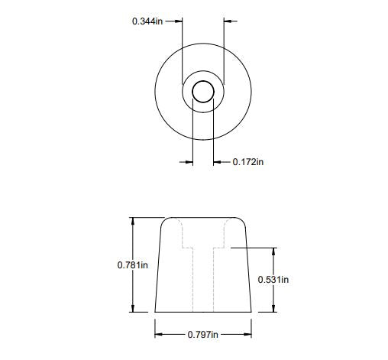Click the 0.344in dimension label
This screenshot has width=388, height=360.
147,21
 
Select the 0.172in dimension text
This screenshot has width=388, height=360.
248,162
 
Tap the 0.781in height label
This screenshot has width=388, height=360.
132,264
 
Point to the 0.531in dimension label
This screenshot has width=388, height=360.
273,280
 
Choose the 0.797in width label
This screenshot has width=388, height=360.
203,335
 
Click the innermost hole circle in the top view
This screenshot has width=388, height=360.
203,92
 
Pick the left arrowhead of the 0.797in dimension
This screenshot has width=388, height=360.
159,334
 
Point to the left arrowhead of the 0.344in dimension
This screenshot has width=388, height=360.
179,21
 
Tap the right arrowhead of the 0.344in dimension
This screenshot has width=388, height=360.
228,21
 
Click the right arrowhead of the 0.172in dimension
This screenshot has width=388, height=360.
218,162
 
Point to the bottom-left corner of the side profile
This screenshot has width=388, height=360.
155,312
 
